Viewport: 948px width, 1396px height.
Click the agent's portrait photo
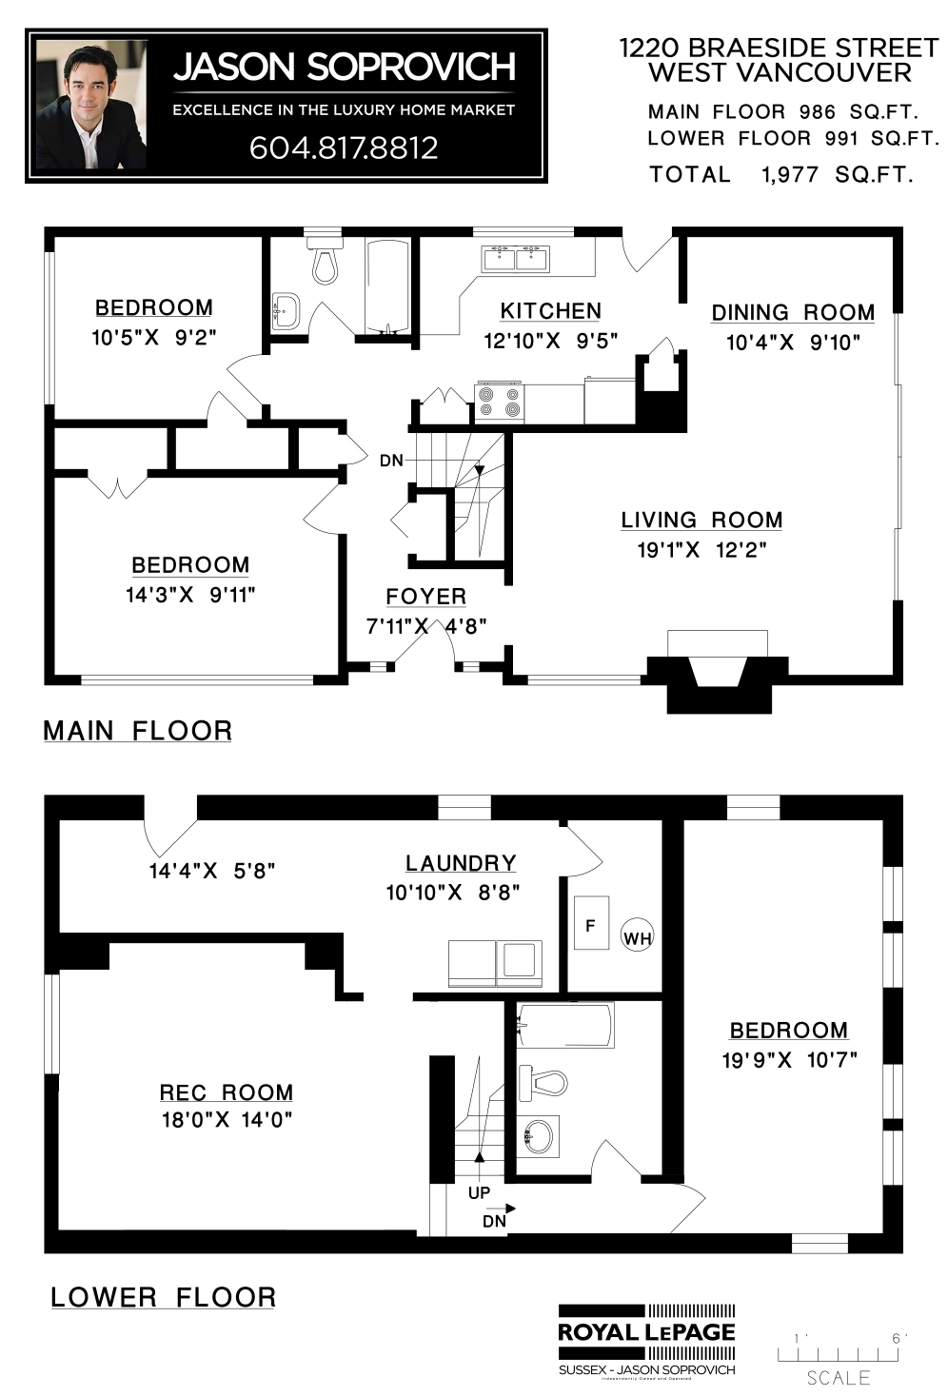tap(91, 105)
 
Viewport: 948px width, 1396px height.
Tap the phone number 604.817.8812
tap(344, 147)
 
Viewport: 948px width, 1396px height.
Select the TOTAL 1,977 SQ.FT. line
tap(781, 174)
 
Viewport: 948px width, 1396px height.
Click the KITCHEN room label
tap(550, 310)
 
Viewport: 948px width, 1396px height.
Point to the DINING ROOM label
tap(793, 312)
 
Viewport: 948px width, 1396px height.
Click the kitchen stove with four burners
tap(500, 402)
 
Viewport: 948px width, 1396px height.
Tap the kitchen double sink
tap(516, 259)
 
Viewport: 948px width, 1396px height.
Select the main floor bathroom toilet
tap(325, 261)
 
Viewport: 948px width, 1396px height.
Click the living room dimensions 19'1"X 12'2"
tap(701, 550)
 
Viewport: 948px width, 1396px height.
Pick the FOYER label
tap(426, 597)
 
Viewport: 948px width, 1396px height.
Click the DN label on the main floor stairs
tap(391, 461)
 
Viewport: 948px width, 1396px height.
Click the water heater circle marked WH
tap(637, 937)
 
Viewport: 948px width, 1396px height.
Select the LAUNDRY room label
tap(461, 863)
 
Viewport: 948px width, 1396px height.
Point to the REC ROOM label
tap(227, 1092)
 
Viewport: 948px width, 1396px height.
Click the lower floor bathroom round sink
tap(538, 1137)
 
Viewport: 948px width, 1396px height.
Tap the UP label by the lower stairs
tap(479, 1192)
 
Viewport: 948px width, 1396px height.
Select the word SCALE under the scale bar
tap(839, 1377)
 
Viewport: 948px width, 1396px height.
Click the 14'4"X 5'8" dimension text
tap(212, 871)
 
